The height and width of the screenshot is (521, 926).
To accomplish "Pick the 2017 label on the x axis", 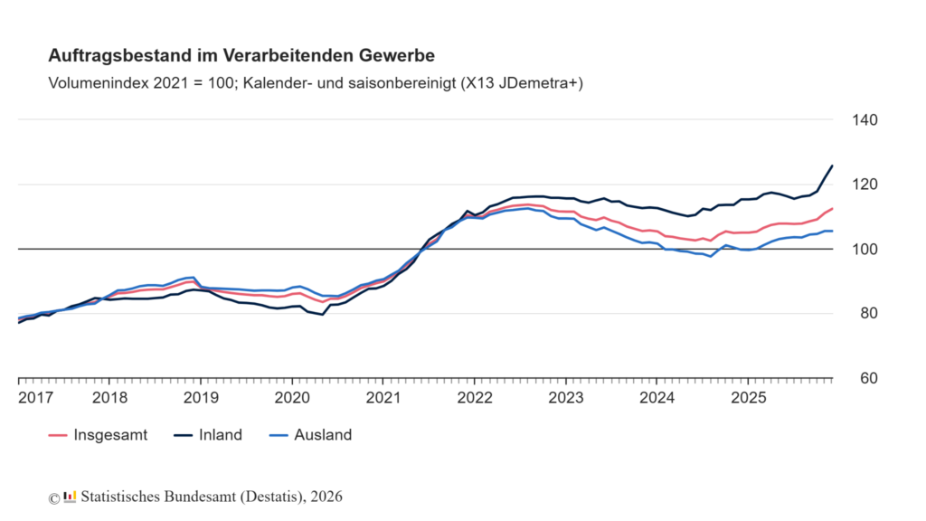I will [x=33, y=397].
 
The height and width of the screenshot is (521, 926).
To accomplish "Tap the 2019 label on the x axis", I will [x=201, y=397].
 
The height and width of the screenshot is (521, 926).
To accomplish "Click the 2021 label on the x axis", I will [x=383, y=397].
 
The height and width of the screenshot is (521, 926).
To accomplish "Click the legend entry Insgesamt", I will [x=110, y=435].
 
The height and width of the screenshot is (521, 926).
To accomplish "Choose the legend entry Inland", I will [x=221, y=435].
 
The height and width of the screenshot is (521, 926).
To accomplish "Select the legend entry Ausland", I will [x=322, y=435].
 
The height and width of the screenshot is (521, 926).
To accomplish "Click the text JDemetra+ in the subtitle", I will [x=538, y=83].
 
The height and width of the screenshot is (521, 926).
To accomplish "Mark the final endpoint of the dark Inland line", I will [x=832, y=166].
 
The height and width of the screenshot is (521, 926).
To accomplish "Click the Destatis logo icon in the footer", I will [x=70, y=497].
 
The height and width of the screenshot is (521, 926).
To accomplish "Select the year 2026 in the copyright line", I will [x=326, y=497].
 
